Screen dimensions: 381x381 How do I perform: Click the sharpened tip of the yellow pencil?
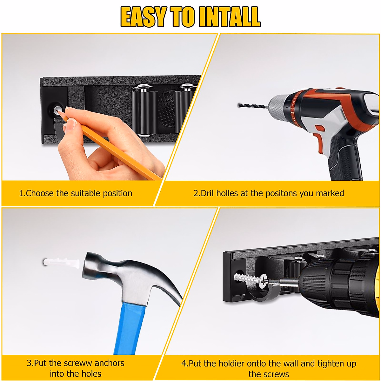pyautogui.click(x=57, y=112)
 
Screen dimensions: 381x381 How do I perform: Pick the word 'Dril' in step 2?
pyautogui.click(x=207, y=193)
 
